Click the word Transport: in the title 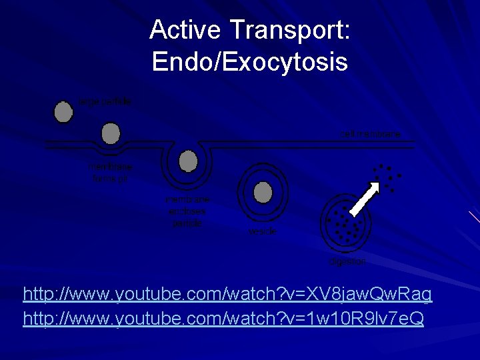pyautogui.click(x=290, y=30)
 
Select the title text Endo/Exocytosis pyautogui.click(x=249, y=62)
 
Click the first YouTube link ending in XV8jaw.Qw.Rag pyautogui.click(x=227, y=293)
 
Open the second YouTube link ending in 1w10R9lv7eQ pyautogui.click(x=223, y=319)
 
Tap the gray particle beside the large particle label pyautogui.click(x=63, y=111)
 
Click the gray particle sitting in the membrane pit pyautogui.click(x=111, y=132)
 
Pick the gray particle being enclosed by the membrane pyautogui.click(x=189, y=161)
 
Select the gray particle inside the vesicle pyautogui.click(x=264, y=193)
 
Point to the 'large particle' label pyautogui.click(x=105, y=101)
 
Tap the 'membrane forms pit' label pyautogui.click(x=110, y=172)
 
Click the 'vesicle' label pyautogui.click(x=262, y=232)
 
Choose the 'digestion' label pyautogui.click(x=347, y=261)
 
